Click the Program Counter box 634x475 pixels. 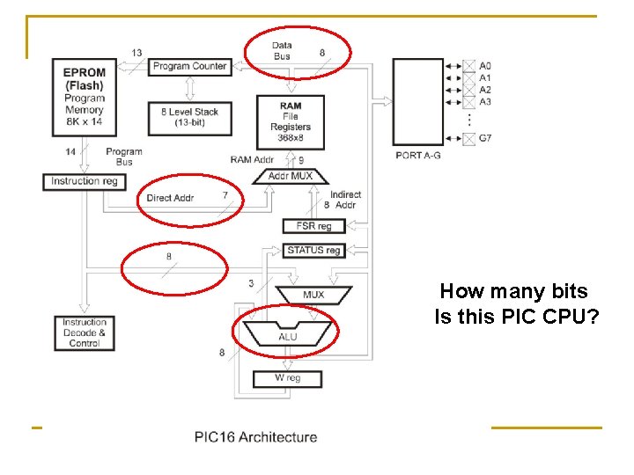click(x=189, y=66)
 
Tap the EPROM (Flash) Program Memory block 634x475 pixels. click(x=84, y=99)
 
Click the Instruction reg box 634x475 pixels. click(x=84, y=181)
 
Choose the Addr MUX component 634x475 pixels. click(x=290, y=176)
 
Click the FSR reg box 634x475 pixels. click(x=313, y=226)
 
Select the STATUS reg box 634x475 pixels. click(x=313, y=251)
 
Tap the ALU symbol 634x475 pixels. click(x=288, y=335)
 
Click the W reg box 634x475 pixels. click(x=287, y=378)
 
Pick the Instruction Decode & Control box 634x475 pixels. click(x=84, y=332)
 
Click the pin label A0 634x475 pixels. click(x=485, y=65)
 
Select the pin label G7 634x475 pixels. click(x=485, y=138)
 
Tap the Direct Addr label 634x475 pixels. click(x=170, y=198)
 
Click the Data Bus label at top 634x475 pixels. click(x=282, y=51)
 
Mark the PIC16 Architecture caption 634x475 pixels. click(x=255, y=437)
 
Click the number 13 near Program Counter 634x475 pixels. click(x=136, y=53)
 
